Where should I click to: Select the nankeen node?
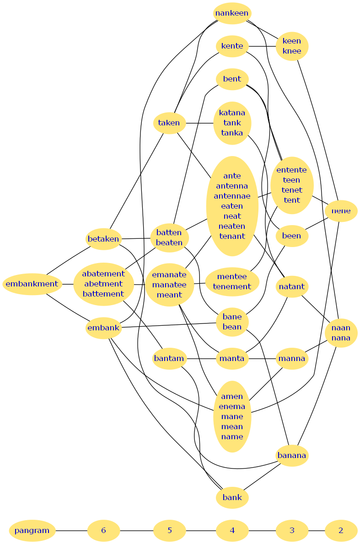[x=232, y=13]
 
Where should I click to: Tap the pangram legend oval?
[x=32, y=531]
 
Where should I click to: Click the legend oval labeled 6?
[x=103, y=531]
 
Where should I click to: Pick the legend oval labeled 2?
[x=341, y=531]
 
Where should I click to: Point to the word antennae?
[x=232, y=196]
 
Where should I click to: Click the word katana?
[x=232, y=113]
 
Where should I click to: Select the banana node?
[x=292, y=455]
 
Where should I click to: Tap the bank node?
[x=232, y=497]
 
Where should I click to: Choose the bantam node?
[x=169, y=358]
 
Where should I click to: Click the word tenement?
[x=232, y=286]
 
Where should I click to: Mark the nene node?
[x=341, y=211]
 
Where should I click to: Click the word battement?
[x=103, y=294]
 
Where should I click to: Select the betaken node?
[x=103, y=239]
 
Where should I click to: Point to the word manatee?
[x=169, y=285]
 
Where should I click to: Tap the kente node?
[x=232, y=46]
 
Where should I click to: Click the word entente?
[x=291, y=170]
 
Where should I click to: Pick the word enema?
[x=232, y=406]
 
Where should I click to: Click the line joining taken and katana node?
[x=199, y=123]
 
